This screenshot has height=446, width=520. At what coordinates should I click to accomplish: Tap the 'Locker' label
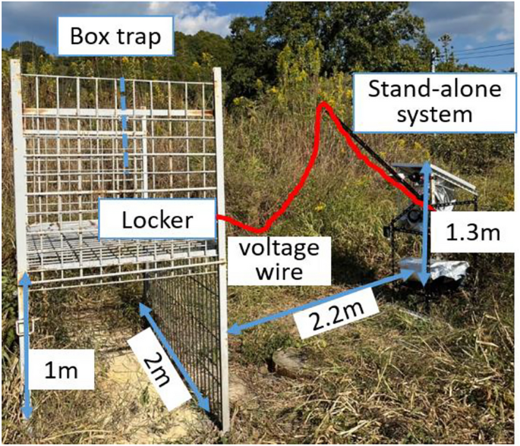(158, 220)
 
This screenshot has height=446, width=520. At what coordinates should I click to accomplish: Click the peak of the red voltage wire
(324, 105)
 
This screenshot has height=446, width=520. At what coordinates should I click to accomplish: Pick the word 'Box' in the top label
(87, 36)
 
